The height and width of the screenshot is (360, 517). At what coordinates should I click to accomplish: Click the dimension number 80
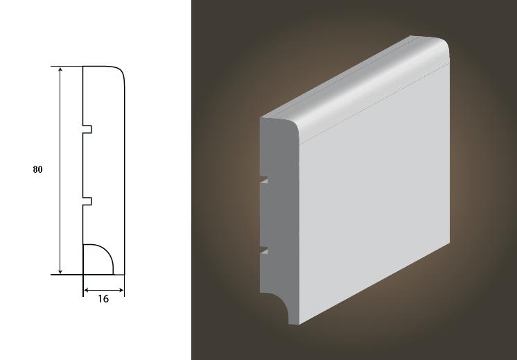[37, 169]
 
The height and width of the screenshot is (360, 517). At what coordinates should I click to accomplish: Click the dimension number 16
[103, 299]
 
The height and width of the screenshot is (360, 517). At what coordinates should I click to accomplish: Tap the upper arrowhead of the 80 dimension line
[60, 69]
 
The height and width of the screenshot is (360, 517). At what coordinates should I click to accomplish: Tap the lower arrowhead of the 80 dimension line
[60, 271]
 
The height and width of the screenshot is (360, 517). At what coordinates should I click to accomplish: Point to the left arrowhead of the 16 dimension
[87, 290]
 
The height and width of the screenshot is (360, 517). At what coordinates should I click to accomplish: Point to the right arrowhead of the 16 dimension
[121, 290]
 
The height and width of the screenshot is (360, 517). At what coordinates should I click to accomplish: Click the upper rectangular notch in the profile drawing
[87, 129]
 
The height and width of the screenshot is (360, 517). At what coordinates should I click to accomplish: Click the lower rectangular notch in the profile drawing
[87, 201]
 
